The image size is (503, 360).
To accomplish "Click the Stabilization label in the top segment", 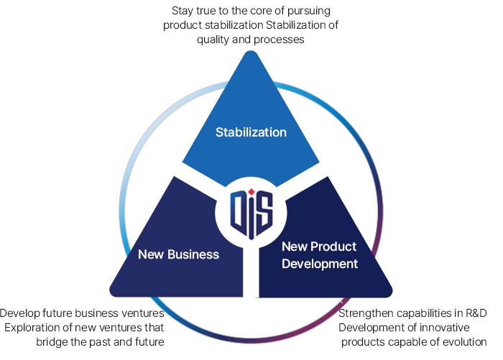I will (251, 132).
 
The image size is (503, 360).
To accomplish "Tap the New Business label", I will (178, 254).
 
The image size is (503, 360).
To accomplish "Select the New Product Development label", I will (319, 255).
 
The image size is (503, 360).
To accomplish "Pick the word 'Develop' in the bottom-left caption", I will (19, 313).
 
